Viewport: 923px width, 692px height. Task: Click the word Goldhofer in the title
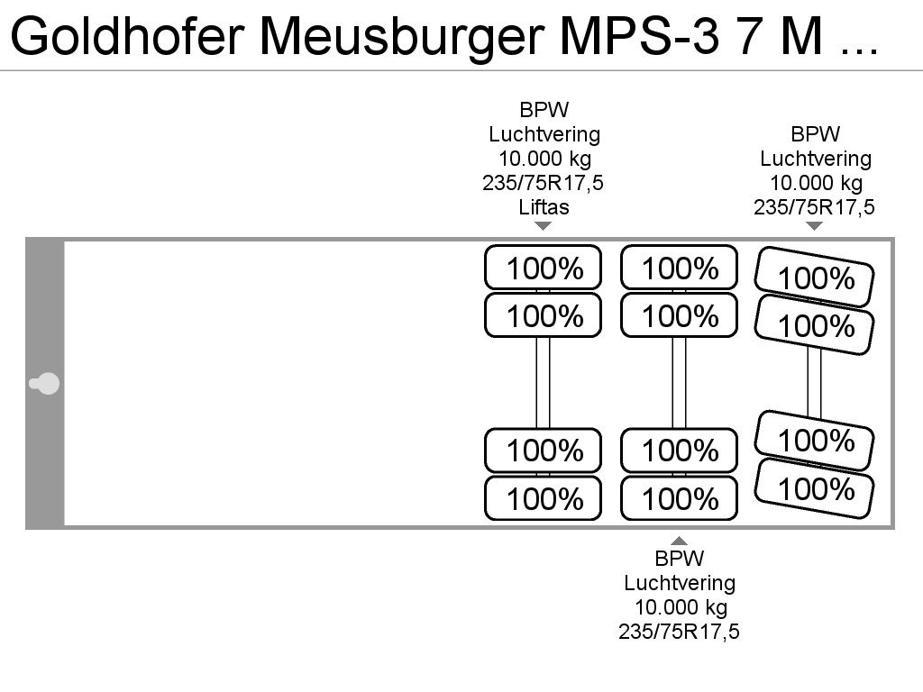pyautogui.click(x=127, y=36)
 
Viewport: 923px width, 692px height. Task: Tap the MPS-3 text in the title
pyautogui.click(x=639, y=36)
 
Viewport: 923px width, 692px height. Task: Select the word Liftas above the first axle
pyautogui.click(x=544, y=207)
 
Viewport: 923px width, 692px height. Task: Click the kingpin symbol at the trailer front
pyautogui.click(x=44, y=384)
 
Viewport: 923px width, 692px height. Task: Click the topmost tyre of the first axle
pyautogui.click(x=543, y=267)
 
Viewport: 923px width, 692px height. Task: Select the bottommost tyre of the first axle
pyautogui.click(x=543, y=498)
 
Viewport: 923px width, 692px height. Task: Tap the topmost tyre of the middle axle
pyautogui.click(x=679, y=267)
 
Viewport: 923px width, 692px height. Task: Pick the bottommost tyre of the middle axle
pyautogui.click(x=679, y=498)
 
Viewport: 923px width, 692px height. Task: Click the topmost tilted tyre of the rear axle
pyautogui.click(x=815, y=278)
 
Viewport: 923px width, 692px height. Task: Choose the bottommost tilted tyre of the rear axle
pyautogui.click(x=815, y=488)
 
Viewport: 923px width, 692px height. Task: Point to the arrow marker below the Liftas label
pyautogui.click(x=543, y=225)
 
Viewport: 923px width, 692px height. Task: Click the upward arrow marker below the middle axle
pyautogui.click(x=679, y=541)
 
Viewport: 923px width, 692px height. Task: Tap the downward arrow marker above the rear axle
pyautogui.click(x=814, y=225)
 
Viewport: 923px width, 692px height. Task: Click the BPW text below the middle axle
pyautogui.click(x=680, y=558)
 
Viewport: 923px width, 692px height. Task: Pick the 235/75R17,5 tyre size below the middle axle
pyautogui.click(x=679, y=632)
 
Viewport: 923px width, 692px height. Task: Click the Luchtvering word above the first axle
pyautogui.click(x=544, y=134)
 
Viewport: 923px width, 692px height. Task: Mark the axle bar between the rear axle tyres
pyautogui.click(x=814, y=382)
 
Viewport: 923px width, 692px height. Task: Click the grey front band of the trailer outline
pyautogui.click(x=45, y=382)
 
